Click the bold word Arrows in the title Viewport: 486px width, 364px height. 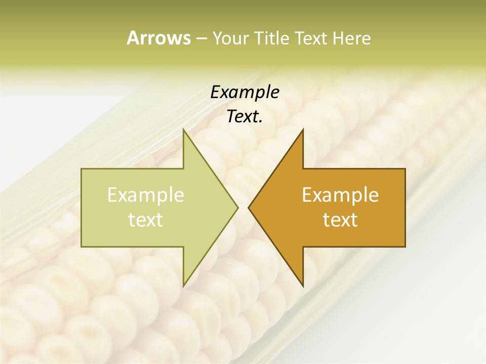pyautogui.click(x=158, y=38)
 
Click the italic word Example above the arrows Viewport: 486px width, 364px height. pyautogui.click(x=245, y=92)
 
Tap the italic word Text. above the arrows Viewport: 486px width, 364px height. pyautogui.click(x=245, y=116)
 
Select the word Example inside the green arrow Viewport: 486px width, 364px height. pyautogui.click(x=146, y=195)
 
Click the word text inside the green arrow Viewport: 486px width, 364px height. pyautogui.click(x=146, y=220)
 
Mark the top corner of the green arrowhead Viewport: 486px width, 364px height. pyautogui.click(x=184, y=130)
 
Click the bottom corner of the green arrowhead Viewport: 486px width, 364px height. pyautogui.click(x=184, y=285)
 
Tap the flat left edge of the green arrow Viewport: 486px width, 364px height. pyautogui.click(x=82, y=207)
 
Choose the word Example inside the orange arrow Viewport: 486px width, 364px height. pyautogui.click(x=340, y=195)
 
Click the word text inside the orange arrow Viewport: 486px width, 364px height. pyautogui.click(x=340, y=220)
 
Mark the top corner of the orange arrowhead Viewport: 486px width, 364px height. pyautogui.click(x=303, y=130)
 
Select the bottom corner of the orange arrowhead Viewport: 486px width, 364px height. pyautogui.click(x=303, y=285)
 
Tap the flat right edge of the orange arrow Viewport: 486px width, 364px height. pyautogui.click(x=404, y=207)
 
